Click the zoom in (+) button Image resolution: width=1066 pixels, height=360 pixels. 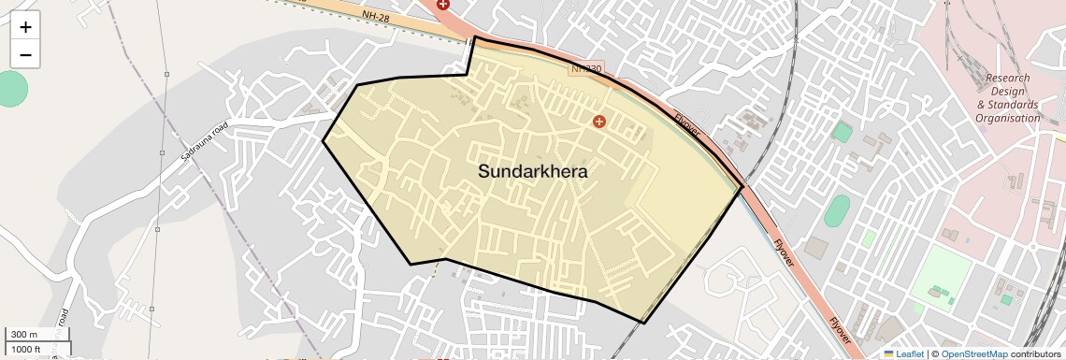coord(25,27)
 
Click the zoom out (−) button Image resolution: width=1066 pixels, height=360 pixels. coord(25,55)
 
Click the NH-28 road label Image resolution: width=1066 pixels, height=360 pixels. coord(377,17)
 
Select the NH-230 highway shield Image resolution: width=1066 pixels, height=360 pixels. coord(587,69)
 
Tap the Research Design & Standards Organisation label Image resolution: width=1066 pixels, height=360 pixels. coord(1007,98)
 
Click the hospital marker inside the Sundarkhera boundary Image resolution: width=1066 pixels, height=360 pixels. coord(599,121)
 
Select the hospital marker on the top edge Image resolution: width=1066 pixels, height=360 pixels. coord(442,5)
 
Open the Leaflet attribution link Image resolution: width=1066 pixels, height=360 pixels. coord(903,353)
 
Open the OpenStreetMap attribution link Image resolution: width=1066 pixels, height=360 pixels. coord(973,353)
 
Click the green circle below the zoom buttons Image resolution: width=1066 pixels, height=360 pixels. coord(9,88)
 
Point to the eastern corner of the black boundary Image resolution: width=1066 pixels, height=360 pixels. coord(742,187)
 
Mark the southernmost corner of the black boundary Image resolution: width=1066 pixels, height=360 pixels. coord(644,323)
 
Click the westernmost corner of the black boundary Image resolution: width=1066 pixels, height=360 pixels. coord(324,141)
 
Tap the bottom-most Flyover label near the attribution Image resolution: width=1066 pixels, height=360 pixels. coord(841,335)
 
